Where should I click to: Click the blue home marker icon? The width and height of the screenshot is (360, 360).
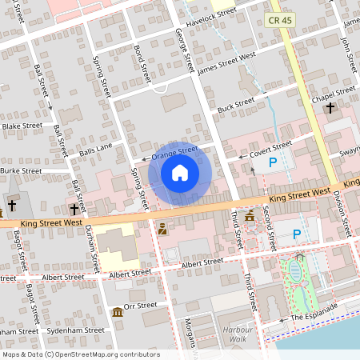[179, 173]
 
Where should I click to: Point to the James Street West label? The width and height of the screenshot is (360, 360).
[226, 62]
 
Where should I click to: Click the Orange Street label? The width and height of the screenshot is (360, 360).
[174, 150]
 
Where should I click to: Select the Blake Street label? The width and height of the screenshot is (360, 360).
[22, 126]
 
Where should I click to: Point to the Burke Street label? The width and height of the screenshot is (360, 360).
[21, 170]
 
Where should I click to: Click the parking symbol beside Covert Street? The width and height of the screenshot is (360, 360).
[272, 162]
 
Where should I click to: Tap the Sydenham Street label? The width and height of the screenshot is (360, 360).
[73, 330]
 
